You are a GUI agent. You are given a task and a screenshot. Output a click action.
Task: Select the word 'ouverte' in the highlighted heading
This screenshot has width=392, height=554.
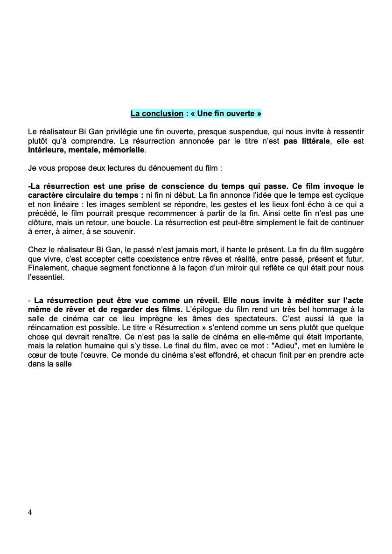click(x=239, y=113)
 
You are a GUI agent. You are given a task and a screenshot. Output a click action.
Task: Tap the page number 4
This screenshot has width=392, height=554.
click(x=30, y=512)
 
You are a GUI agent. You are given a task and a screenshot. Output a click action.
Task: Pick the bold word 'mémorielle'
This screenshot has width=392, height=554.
click(x=122, y=150)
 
